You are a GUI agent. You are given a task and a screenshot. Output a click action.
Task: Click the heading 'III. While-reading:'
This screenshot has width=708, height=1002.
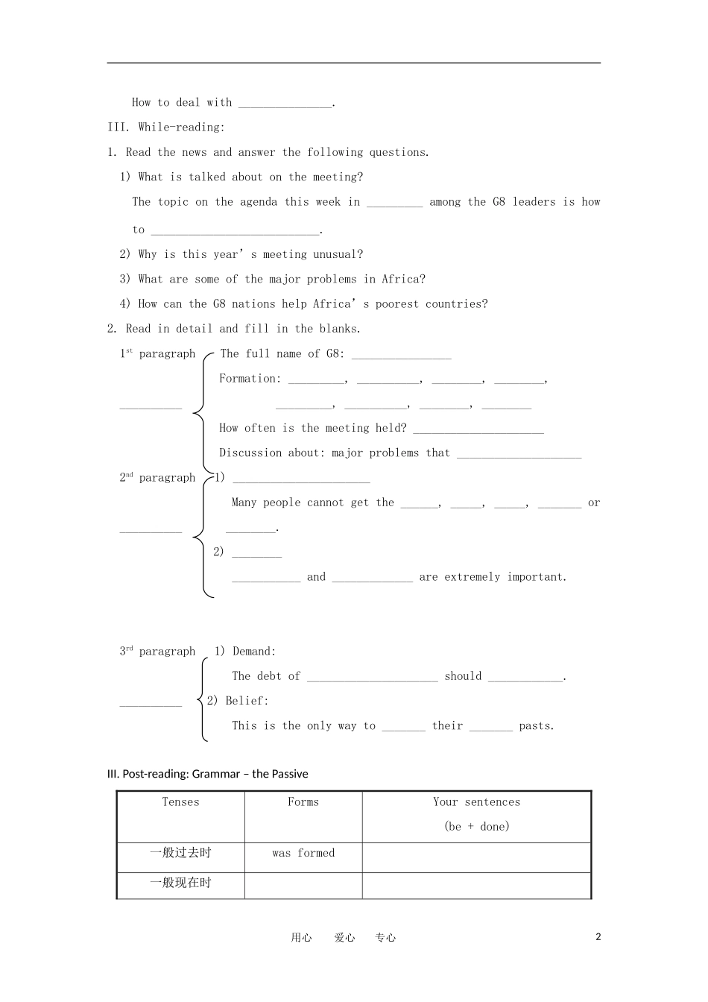(165, 127)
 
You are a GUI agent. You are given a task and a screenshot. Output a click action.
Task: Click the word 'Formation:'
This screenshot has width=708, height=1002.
(250, 379)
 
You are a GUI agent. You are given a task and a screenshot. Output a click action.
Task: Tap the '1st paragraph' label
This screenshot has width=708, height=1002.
(157, 354)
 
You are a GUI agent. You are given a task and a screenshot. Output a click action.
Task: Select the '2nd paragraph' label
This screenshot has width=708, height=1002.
(157, 478)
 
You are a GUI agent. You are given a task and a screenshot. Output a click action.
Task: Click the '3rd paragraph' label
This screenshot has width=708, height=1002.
(157, 652)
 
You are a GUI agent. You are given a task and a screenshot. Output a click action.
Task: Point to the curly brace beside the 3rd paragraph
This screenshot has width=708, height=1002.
(201, 700)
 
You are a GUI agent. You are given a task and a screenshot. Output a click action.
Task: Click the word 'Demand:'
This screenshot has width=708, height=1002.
(254, 652)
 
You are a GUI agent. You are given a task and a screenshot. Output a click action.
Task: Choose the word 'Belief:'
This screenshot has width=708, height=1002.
(247, 701)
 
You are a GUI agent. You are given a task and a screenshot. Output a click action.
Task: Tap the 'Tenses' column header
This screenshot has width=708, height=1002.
(181, 802)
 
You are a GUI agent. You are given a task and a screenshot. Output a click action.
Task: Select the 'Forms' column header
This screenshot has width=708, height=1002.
(303, 802)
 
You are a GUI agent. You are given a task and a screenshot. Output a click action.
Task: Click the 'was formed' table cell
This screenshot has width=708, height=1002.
(303, 853)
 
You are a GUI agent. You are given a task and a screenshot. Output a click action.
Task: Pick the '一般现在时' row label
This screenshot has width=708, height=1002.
(181, 883)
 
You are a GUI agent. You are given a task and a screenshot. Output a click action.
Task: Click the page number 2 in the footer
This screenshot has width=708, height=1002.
(598, 937)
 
